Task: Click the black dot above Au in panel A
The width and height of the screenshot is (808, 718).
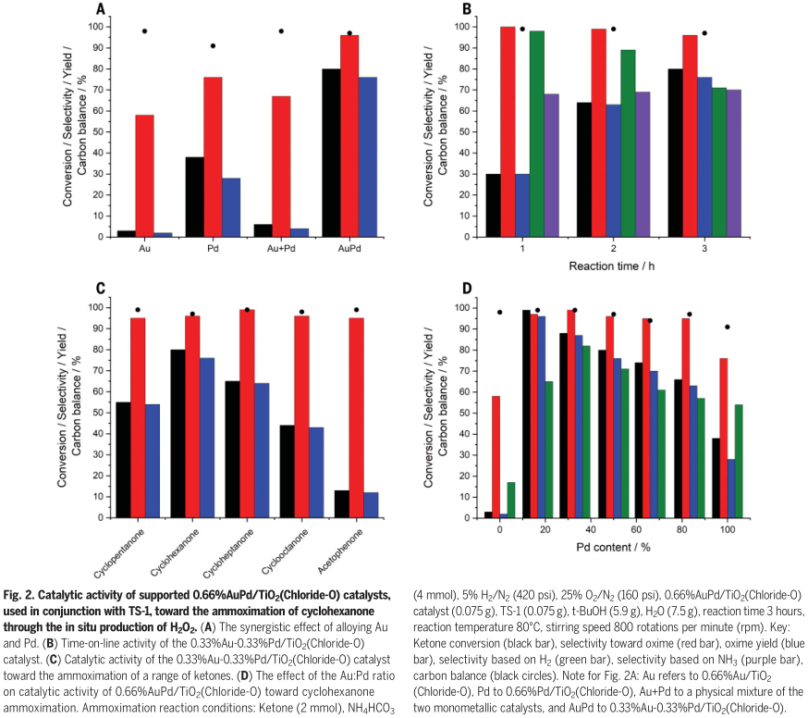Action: tap(145, 31)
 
